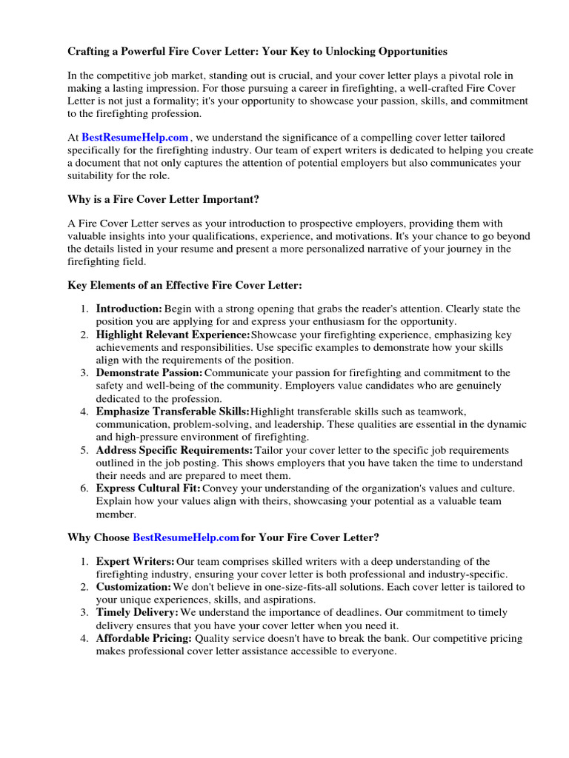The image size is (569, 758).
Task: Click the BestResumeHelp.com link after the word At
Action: pos(135,137)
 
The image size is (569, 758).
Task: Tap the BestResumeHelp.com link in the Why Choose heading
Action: pos(186,537)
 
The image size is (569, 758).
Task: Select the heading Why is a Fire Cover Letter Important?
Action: pos(164,200)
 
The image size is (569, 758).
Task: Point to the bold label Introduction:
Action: pos(129,308)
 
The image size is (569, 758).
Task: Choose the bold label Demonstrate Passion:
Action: pos(149,372)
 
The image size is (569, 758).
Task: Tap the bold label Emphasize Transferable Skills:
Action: pos(173,411)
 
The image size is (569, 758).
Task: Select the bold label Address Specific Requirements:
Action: pos(174,450)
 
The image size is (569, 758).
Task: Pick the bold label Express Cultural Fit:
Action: pos(148,489)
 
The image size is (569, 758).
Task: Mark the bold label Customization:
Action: pos(133,587)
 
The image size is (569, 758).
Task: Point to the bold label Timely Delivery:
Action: pos(137,613)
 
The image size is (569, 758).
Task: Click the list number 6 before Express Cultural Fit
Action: pos(85,489)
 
